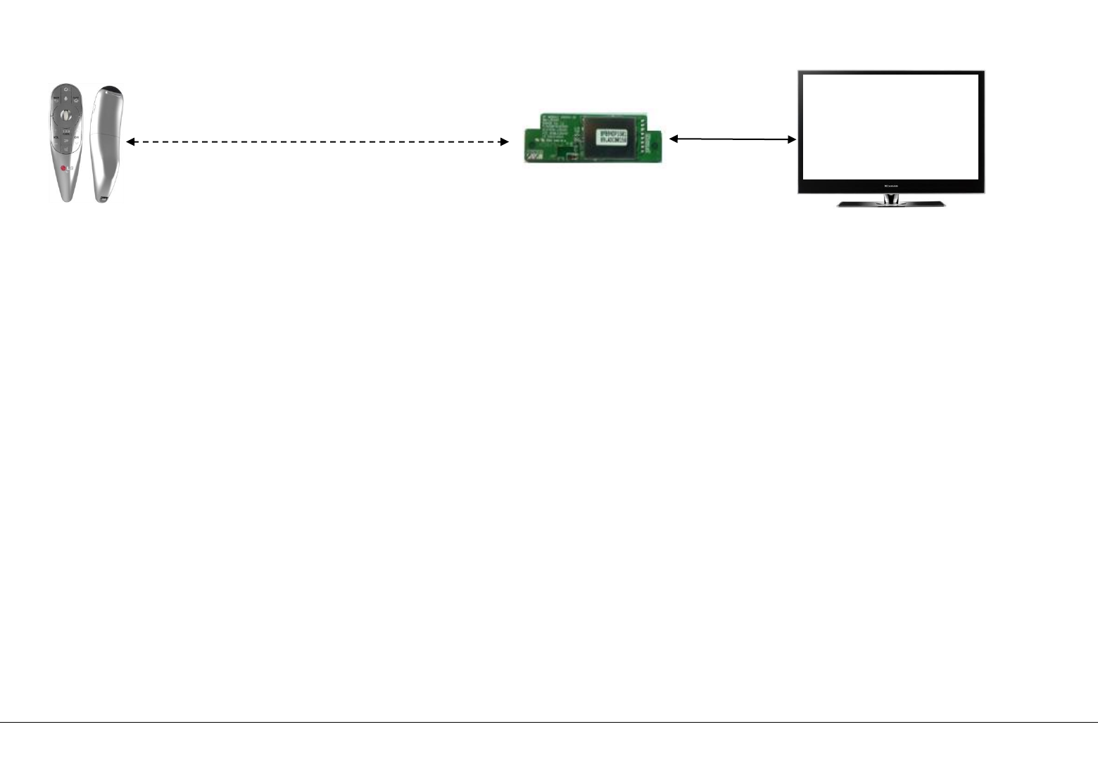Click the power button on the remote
pos(65,89)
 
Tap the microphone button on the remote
pos(65,99)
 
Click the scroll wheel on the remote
pos(65,114)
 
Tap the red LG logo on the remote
pos(64,168)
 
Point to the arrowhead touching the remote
pos(130,142)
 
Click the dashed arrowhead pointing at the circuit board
pos(504,142)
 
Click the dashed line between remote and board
pos(317,142)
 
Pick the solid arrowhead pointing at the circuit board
pos(674,139)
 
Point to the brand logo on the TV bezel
pos(891,186)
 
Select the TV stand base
pos(890,204)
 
